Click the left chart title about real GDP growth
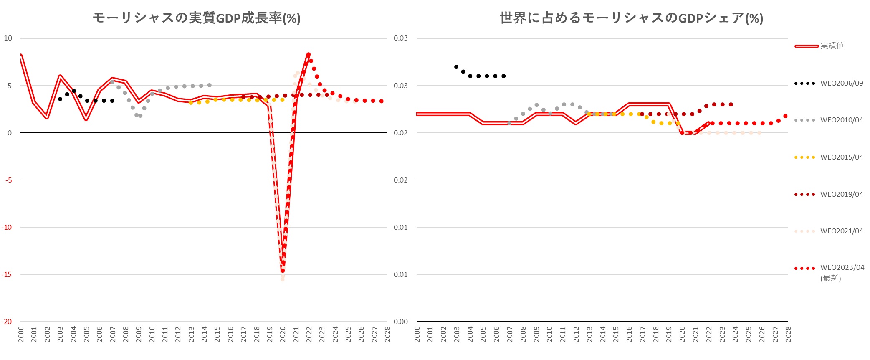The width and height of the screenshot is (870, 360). click(196, 18)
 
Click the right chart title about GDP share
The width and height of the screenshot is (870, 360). click(631, 18)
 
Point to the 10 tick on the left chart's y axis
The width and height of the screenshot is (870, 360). click(8, 38)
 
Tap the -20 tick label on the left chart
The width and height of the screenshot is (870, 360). click(7, 322)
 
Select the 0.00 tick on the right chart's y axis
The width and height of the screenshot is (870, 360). click(400, 322)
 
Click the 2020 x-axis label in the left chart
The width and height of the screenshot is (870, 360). click(283, 335)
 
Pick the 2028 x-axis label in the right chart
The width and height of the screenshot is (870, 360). click(788, 335)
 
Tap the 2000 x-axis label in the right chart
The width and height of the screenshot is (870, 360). click(417, 335)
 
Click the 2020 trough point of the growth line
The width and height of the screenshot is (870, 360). click(283, 271)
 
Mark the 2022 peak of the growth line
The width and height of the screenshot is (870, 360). click(309, 54)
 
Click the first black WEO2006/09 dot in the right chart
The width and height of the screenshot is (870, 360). click(456, 67)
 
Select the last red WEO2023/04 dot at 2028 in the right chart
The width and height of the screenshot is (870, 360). click(786, 116)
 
